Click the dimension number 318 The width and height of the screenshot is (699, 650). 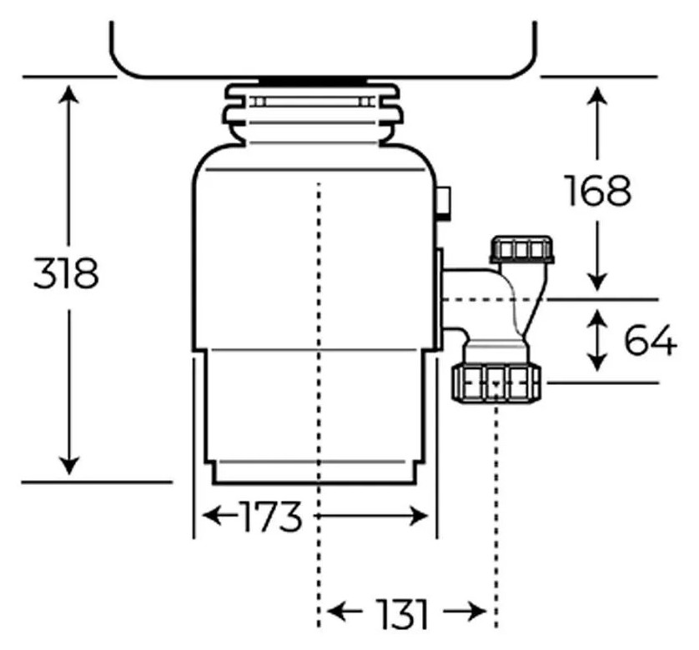point(66,273)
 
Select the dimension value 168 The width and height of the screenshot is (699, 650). point(597,191)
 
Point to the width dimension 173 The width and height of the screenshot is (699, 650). point(269,518)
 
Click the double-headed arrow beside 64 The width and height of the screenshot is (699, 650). point(597,339)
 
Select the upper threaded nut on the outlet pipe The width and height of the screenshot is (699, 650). point(522,249)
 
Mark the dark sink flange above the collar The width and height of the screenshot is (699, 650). point(314,81)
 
